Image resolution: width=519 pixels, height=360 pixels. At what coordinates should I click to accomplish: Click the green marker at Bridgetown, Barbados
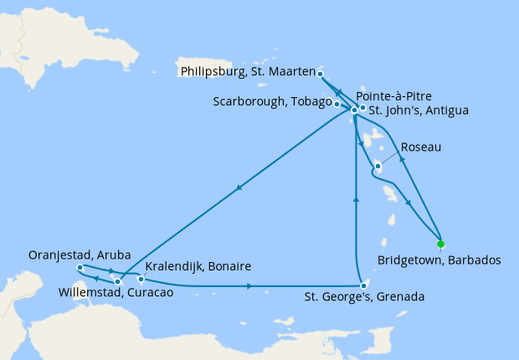point(440,244)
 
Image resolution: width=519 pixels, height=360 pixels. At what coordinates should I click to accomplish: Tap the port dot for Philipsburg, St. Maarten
point(321,74)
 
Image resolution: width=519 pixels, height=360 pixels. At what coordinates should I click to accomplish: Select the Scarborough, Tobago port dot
point(337,104)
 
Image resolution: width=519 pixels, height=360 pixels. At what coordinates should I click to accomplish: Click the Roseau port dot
point(378,166)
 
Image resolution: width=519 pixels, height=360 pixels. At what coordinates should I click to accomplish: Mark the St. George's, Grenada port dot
point(363,286)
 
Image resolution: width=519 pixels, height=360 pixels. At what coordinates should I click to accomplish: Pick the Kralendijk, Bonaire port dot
point(141,279)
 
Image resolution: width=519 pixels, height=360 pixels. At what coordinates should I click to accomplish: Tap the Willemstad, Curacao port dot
point(117,281)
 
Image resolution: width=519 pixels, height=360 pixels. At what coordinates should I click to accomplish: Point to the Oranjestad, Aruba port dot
point(80,268)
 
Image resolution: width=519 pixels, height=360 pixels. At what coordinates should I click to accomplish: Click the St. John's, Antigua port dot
point(362,108)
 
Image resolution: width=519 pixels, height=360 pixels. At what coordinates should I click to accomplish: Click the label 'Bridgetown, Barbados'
point(439,260)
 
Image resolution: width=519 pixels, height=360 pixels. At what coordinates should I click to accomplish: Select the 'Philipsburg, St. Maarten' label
point(246,73)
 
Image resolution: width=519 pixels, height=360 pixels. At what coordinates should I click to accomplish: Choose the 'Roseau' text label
point(421,147)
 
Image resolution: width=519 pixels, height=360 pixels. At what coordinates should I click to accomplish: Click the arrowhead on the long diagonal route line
point(239,188)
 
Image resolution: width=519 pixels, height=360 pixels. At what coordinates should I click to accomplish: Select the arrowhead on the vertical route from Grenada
point(357,198)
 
